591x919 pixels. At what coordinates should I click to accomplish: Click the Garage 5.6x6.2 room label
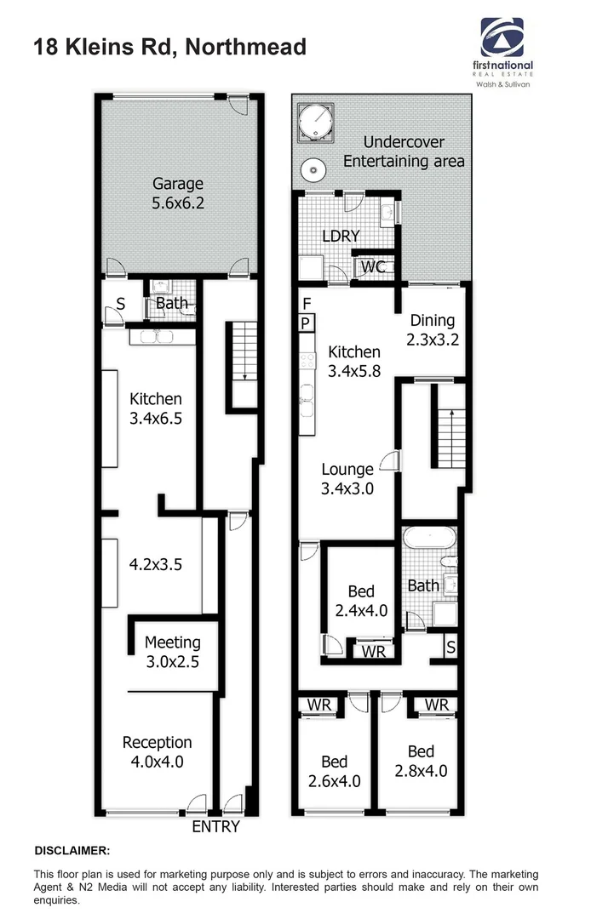pyautogui.click(x=178, y=193)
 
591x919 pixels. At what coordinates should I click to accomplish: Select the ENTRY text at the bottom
pyautogui.click(x=215, y=826)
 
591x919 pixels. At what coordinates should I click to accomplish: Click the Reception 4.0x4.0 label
pyautogui.click(x=158, y=752)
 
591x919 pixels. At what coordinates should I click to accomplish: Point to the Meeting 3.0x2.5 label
pyautogui.click(x=172, y=652)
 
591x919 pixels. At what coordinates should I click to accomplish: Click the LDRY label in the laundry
pyautogui.click(x=340, y=236)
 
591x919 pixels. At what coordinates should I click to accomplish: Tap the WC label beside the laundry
pyautogui.click(x=373, y=266)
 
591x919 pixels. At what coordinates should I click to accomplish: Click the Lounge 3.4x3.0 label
pyautogui.click(x=347, y=478)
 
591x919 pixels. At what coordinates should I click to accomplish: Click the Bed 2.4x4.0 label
pyautogui.click(x=361, y=601)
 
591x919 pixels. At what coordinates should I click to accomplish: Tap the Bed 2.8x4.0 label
pyautogui.click(x=421, y=762)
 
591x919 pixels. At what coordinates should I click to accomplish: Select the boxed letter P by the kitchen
pyautogui.click(x=306, y=323)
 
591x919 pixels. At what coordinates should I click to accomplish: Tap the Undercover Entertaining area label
pyautogui.click(x=405, y=151)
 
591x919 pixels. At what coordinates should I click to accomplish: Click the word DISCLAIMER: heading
pyautogui.click(x=72, y=851)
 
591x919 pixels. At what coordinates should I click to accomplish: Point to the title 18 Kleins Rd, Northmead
pyautogui.click(x=169, y=47)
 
